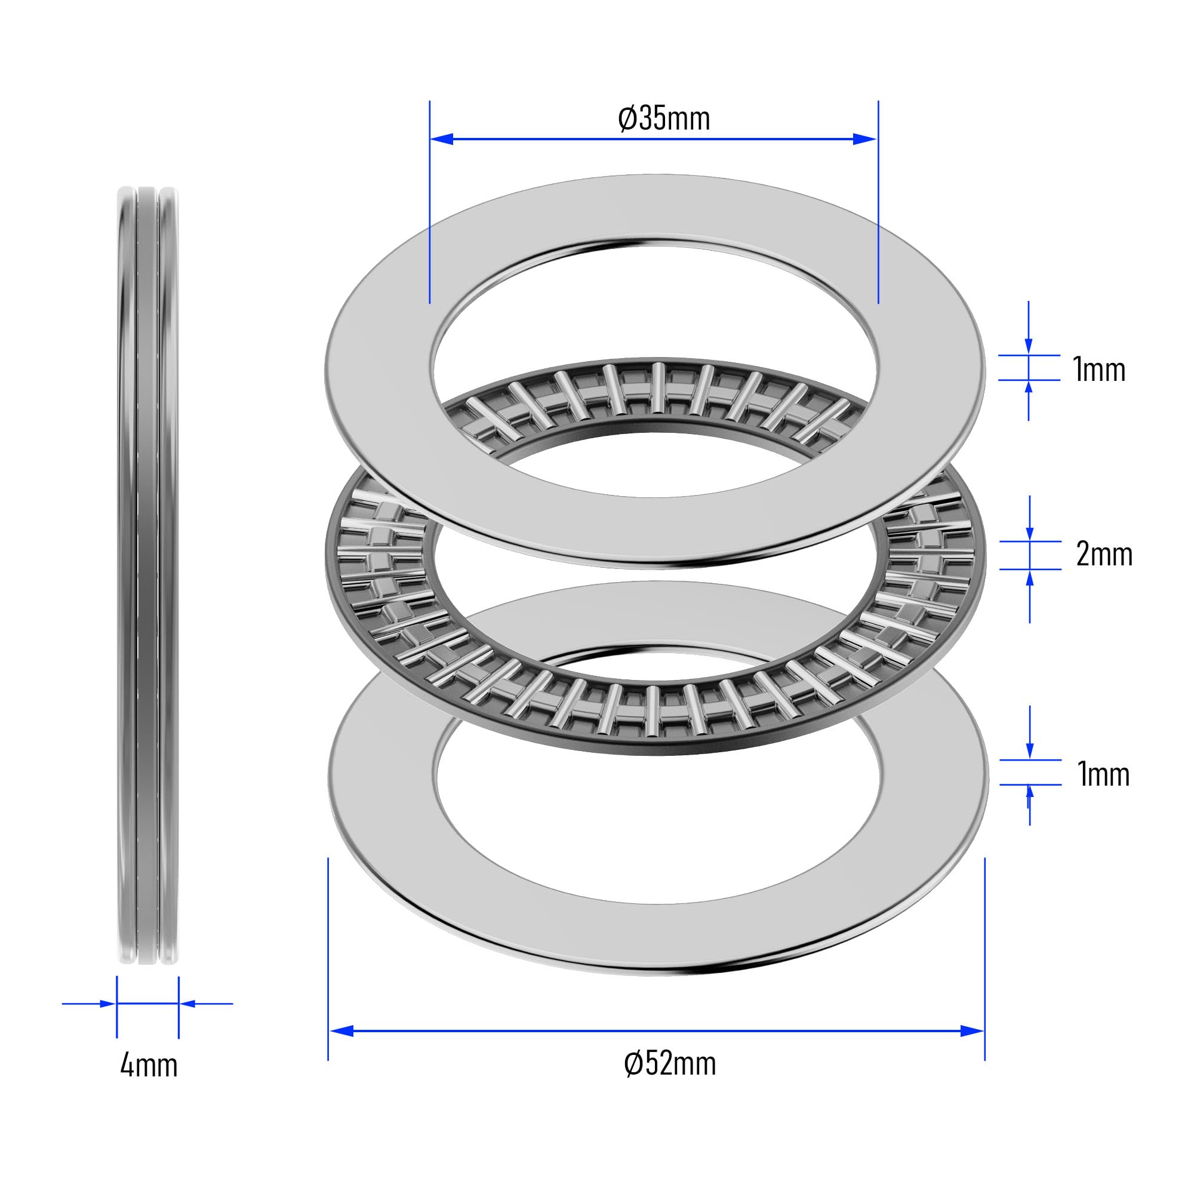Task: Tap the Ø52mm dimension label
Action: point(670,1064)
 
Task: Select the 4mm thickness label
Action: point(148,1066)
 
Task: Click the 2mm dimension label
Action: point(1104,555)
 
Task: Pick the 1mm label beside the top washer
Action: point(1099,370)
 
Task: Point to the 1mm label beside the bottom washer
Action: point(1103,774)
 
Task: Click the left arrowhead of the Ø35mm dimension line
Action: point(442,139)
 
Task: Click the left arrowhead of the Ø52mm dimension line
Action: point(341,1030)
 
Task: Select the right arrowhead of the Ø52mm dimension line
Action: point(972,1030)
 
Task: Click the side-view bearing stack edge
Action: point(147,575)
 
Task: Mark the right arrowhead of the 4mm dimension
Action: point(187,1004)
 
